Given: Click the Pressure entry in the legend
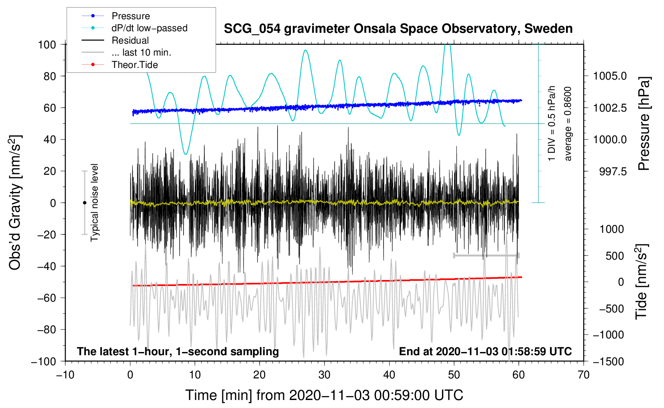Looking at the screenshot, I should coord(130,16).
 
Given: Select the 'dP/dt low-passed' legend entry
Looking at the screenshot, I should coord(149,28).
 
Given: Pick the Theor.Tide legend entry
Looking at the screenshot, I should coord(134,65).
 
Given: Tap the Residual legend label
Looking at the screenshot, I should coord(130,40).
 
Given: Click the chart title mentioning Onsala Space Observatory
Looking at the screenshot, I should coord(398,29).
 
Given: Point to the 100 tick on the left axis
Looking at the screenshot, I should coord(47,44).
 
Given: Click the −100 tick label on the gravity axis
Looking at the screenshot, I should coord(44,361).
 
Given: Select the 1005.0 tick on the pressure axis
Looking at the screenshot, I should coord(610,76).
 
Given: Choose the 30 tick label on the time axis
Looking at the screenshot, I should coord(324,375).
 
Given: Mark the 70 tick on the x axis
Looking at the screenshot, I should coord(584,375).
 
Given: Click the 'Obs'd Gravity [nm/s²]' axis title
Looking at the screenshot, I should coord(15,203).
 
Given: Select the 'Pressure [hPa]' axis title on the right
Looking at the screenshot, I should coord(644,124).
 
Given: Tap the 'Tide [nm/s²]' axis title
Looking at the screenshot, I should coord(642,282).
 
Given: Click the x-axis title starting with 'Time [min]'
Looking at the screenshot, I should coord(324,395).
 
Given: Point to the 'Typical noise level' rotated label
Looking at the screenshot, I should coord(94,202).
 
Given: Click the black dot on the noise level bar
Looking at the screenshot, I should coord(84,203).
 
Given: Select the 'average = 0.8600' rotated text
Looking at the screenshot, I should coord(568,124).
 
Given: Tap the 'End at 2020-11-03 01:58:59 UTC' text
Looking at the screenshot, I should coord(485,352).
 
